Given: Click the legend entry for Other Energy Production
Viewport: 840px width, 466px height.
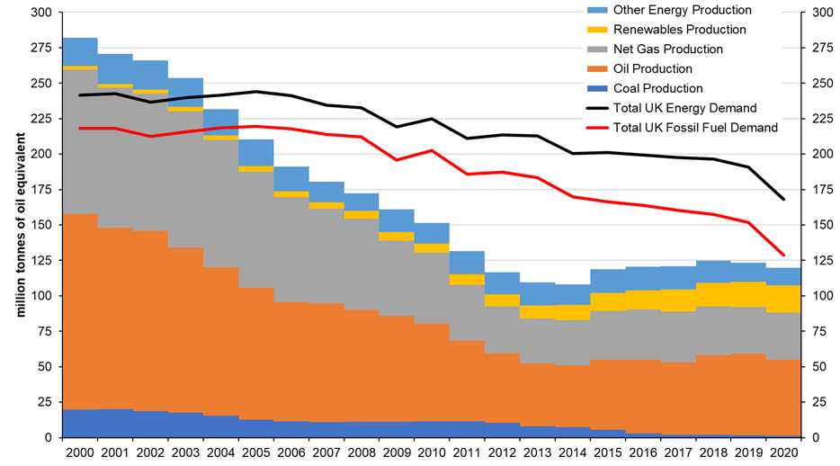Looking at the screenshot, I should pyautogui.click(x=682, y=10).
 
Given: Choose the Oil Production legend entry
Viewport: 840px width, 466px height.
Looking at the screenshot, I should pyautogui.click(x=652, y=69).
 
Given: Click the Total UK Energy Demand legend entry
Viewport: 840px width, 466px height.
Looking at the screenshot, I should pyautogui.click(x=684, y=109).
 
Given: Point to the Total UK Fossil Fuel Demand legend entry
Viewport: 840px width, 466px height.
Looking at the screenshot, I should pyautogui.click(x=694, y=129).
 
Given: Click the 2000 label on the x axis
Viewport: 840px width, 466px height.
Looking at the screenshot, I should pyautogui.click(x=80, y=453).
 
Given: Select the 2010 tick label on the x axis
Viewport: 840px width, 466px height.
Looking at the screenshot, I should pyautogui.click(x=432, y=453).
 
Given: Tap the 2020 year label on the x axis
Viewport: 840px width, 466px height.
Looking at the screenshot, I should pyautogui.click(x=783, y=453).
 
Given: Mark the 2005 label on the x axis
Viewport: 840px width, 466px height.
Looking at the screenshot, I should pyautogui.click(x=256, y=453).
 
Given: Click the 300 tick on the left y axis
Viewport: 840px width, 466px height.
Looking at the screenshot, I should pyautogui.click(x=41, y=13).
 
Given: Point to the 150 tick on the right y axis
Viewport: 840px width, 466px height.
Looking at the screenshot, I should pyautogui.click(x=821, y=225).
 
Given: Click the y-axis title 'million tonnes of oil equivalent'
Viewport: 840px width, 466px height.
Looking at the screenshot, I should pyautogui.click(x=17, y=225).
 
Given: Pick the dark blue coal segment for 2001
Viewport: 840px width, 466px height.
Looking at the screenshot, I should pyautogui.click(x=115, y=423).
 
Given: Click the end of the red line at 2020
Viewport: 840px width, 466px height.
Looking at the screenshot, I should pyautogui.click(x=783, y=255).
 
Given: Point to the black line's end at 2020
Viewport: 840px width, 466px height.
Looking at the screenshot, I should pyautogui.click(x=783, y=199).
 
